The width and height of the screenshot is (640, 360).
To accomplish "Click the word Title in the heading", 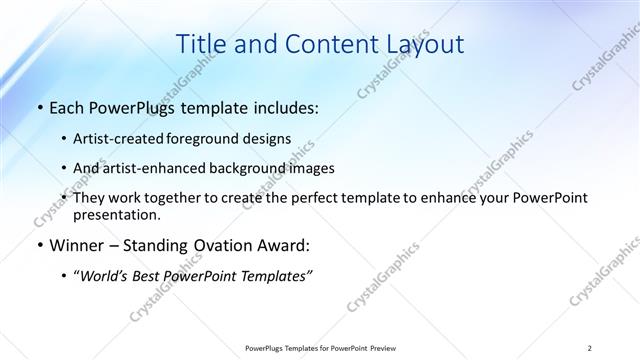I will pyautogui.click(x=200, y=45).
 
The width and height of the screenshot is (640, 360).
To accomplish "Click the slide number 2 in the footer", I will pyautogui.click(x=590, y=348).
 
